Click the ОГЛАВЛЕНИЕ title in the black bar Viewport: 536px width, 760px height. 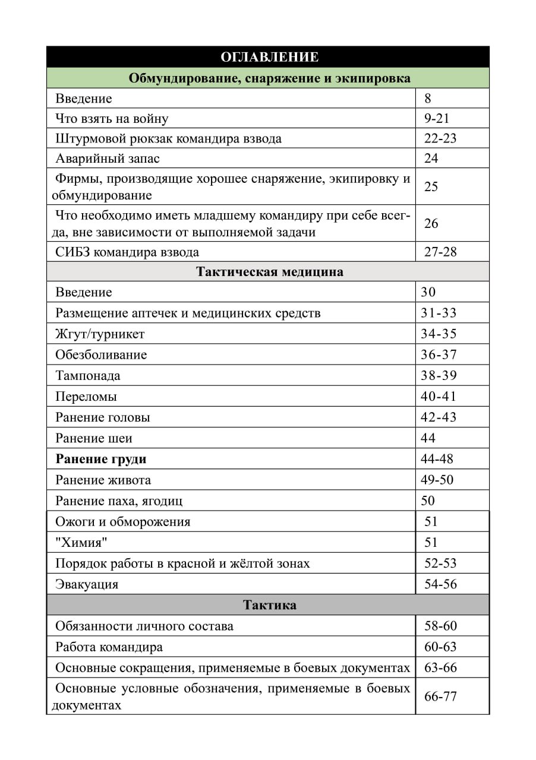(269, 57)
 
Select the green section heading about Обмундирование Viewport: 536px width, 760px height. (269, 78)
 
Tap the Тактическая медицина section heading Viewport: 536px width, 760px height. (269, 272)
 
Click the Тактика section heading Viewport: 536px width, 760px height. (269, 605)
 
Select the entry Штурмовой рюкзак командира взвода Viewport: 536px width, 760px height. (168, 138)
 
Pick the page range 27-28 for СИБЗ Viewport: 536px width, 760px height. (440, 251)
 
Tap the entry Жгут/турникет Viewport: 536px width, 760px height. (100, 334)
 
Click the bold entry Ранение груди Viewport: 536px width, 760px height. (100, 459)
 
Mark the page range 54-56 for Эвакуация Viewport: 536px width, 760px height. (440, 584)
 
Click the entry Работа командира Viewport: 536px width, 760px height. (109, 647)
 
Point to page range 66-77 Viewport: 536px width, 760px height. (440, 696)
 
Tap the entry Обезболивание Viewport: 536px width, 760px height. (101, 354)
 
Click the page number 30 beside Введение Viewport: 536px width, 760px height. (428, 292)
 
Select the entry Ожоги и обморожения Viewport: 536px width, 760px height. (122, 521)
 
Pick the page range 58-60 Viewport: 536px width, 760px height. (440, 625)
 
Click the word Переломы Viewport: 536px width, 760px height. (86, 396)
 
